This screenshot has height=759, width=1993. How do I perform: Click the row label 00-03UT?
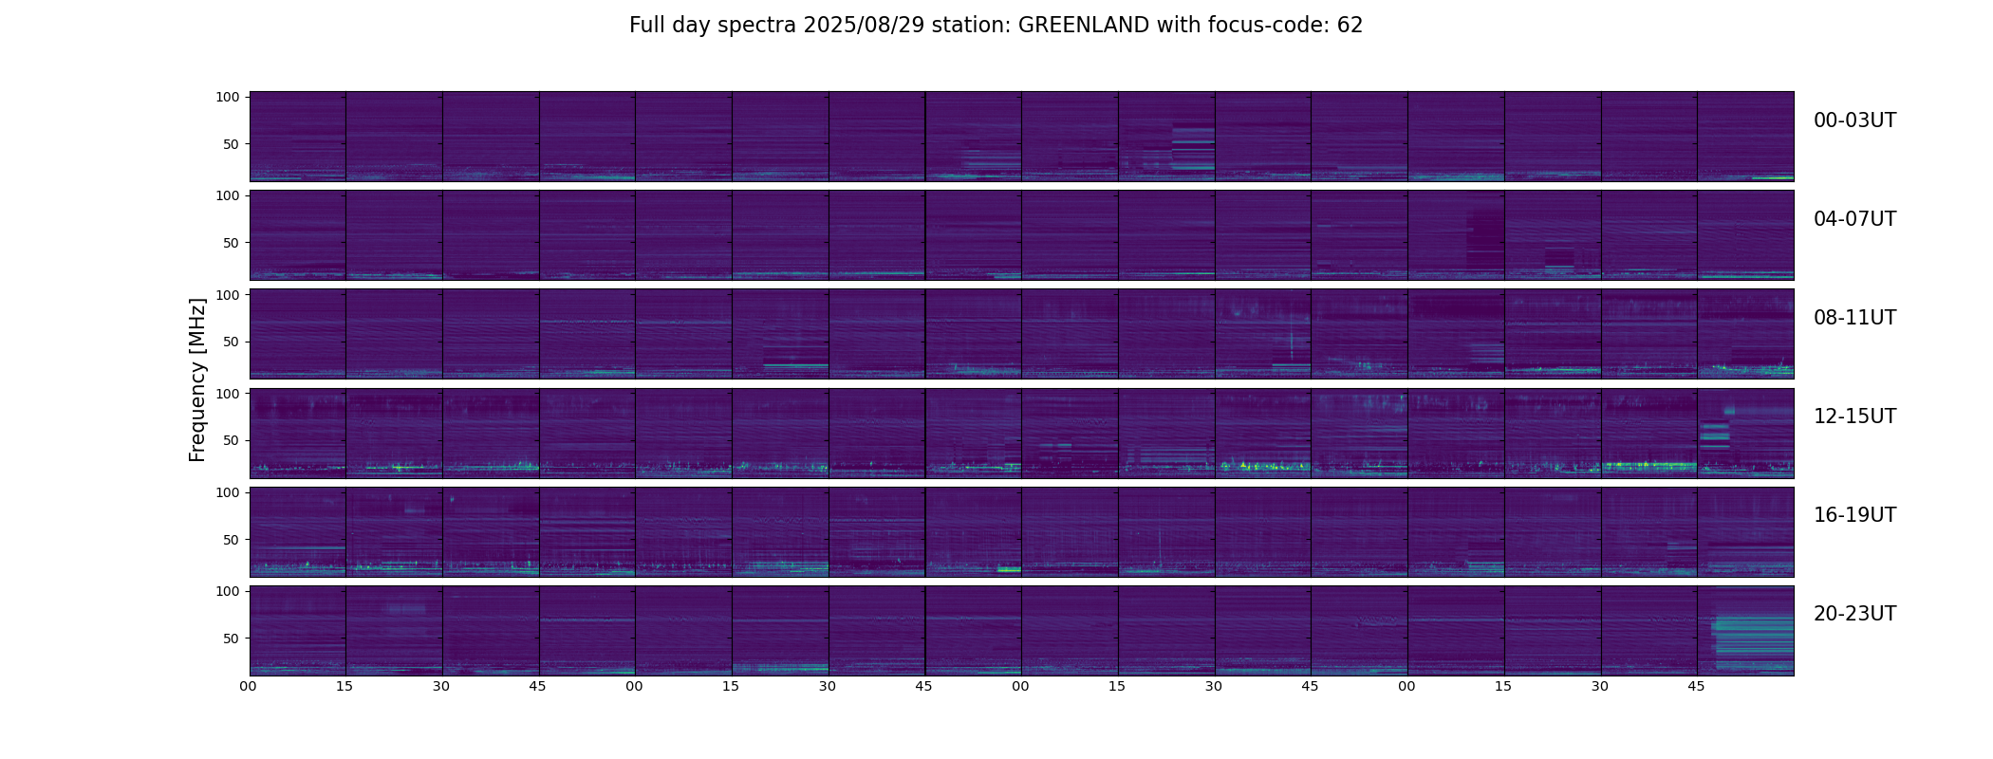[1854, 120]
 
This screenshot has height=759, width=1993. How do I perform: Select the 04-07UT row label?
[1854, 219]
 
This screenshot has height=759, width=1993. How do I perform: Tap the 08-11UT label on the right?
[1854, 318]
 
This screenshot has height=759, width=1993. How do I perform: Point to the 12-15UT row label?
[1854, 417]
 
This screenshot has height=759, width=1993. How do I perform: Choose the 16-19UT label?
[1854, 515]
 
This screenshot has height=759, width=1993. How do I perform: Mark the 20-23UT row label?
[1854, 614]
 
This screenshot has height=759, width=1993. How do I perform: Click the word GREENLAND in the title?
[1083, 26]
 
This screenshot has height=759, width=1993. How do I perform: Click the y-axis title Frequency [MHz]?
[197, 379]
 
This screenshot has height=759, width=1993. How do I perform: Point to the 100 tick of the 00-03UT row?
[227, 97]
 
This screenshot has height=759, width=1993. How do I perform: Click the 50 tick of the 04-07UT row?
[231, 243]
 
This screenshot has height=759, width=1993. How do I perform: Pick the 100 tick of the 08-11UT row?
[227, 295]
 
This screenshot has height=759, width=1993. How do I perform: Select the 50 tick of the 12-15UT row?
[231, 440]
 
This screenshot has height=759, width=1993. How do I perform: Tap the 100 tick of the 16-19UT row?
[227, 492]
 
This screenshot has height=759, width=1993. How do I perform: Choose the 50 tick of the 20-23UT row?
[231, 639]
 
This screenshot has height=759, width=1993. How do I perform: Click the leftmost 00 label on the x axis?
[249, 686]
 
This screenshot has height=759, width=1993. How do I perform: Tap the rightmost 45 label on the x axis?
[1696, 686]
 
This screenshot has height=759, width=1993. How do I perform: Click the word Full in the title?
[646, 26]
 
